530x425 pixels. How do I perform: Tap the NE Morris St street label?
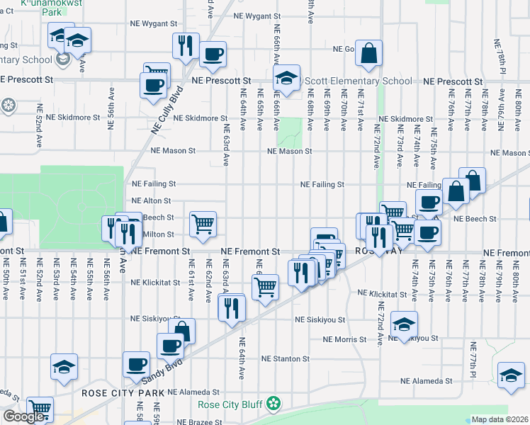(344, 340)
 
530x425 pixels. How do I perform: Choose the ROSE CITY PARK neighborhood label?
(123, 393)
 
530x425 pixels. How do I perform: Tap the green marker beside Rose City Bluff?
(274, 404)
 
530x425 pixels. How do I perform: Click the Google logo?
(23, 416)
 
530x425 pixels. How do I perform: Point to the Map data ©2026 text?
(500, 419)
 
